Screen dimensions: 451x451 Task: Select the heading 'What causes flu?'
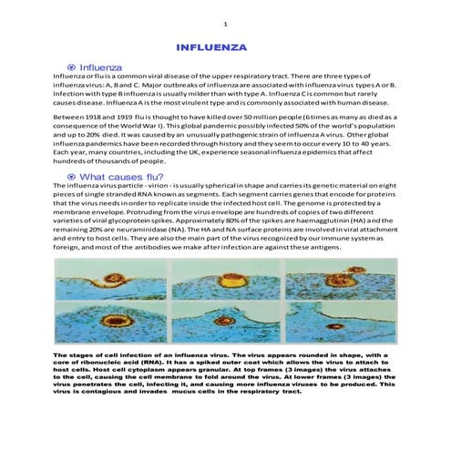point(122,176)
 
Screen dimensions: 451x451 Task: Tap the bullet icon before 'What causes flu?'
point(71,176)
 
